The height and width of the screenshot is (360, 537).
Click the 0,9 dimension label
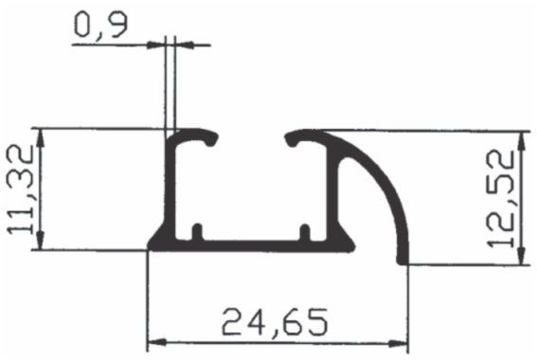click(x=101, y=25)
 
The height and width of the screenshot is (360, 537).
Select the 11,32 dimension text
click(x=20, y=189)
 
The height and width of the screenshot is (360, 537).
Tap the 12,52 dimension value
click(x=500, y=199)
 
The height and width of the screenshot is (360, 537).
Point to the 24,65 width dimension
click(x=275, y=322)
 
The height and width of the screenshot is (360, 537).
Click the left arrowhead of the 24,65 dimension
click(x=157, y=342)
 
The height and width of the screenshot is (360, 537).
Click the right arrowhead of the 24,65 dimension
click(x=399, y=343)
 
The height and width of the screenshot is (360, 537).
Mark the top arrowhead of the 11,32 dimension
click(x=41, y=138)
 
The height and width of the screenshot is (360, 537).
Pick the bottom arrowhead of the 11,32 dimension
click(x=41, y=241)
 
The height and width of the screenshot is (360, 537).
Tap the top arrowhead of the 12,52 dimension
click(x=521, y=141)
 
